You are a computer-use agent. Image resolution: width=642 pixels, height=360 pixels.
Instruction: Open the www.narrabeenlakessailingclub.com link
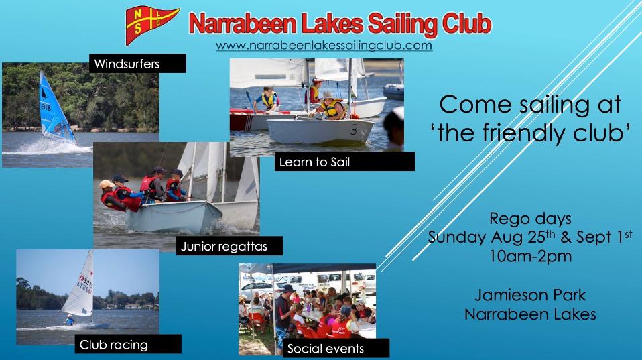click(324, 45)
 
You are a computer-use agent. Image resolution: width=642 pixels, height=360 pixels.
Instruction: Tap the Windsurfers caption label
click(137, 64)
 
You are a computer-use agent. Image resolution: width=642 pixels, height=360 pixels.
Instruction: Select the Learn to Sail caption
click(344, 162)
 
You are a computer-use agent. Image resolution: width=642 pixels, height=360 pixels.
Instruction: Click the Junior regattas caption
click(229, 246)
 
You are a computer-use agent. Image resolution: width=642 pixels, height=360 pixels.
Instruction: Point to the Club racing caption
click(128, 344)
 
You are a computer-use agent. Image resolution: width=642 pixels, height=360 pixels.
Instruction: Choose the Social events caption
click(336, 348)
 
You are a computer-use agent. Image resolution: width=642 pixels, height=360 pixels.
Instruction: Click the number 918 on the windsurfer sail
click(46, 107)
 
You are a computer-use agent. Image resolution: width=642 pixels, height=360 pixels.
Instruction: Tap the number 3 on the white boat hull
click(354, 130)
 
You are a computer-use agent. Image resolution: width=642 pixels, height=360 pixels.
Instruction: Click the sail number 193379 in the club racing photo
click(85, 284)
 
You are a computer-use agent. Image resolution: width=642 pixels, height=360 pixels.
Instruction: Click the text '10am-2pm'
click(530, 256)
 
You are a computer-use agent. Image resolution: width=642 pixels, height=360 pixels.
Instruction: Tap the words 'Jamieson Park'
click(530, 295)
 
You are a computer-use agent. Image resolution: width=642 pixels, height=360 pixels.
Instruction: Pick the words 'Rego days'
click(530, 219)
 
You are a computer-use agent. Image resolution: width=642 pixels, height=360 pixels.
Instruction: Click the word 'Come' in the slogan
click(474, 105)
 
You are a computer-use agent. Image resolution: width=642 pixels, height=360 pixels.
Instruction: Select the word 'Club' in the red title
click(467, 23)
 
